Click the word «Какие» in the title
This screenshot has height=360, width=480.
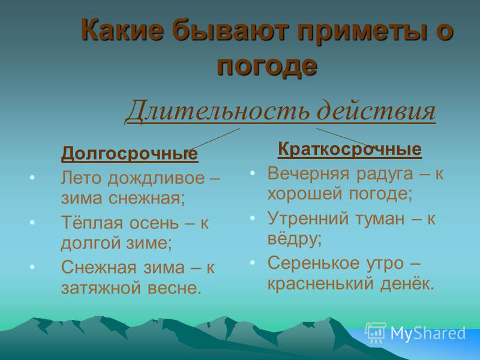click(x=122, y=29)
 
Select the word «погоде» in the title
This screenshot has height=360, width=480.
click(x=266, y=67)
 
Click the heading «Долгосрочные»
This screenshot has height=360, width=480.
click(x=130, y=154)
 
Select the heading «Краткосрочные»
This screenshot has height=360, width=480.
click(x=350, y=149)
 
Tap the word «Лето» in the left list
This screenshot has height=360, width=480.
click(x=81, y=178)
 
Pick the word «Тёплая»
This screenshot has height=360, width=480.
click(x=92, y=222)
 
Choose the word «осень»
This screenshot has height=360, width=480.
click(x=154, y=223)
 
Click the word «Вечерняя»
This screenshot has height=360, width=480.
click(x=308, y=174)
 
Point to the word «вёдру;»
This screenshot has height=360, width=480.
click(x=295, y=238)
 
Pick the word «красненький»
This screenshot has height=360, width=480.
click(x=320, y=284)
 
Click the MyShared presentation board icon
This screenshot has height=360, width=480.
click(x=376, y=332)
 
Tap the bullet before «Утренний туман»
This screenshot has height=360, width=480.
click(x=252, y=218)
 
